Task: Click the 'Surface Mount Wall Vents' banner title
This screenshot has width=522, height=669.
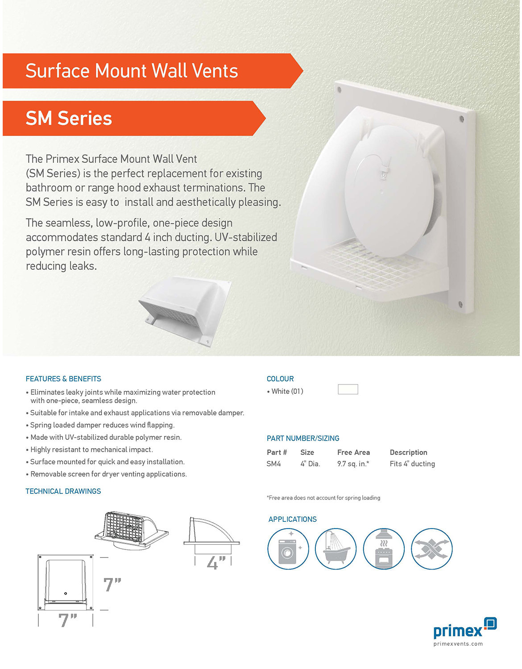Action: (132, 71)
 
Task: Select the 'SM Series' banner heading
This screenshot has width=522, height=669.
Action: (69, 118)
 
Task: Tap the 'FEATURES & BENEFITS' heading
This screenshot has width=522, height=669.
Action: (63, 379)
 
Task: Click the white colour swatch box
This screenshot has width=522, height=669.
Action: (348, 389)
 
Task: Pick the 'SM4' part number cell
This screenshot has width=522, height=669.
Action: (274, 464)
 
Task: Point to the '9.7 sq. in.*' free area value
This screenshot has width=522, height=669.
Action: (353, 464)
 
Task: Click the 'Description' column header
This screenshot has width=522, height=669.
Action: (408, 452)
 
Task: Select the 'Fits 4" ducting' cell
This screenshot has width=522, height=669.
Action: (412, 464)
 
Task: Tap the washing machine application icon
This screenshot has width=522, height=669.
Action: (288, 549)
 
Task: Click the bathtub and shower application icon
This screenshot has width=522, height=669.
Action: (336, 549)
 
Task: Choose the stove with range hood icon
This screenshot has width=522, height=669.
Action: (384, 549)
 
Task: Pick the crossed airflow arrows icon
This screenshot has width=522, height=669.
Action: (432, 549)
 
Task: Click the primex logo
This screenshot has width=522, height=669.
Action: (465, 628)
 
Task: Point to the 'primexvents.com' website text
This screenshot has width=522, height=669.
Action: (458, 644)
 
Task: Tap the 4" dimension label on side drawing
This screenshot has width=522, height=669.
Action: (216, 563)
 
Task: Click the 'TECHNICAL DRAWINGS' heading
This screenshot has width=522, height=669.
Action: (63, 491)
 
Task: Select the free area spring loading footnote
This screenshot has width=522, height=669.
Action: (323, 498)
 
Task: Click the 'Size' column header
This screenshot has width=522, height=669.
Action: (307, 452)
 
